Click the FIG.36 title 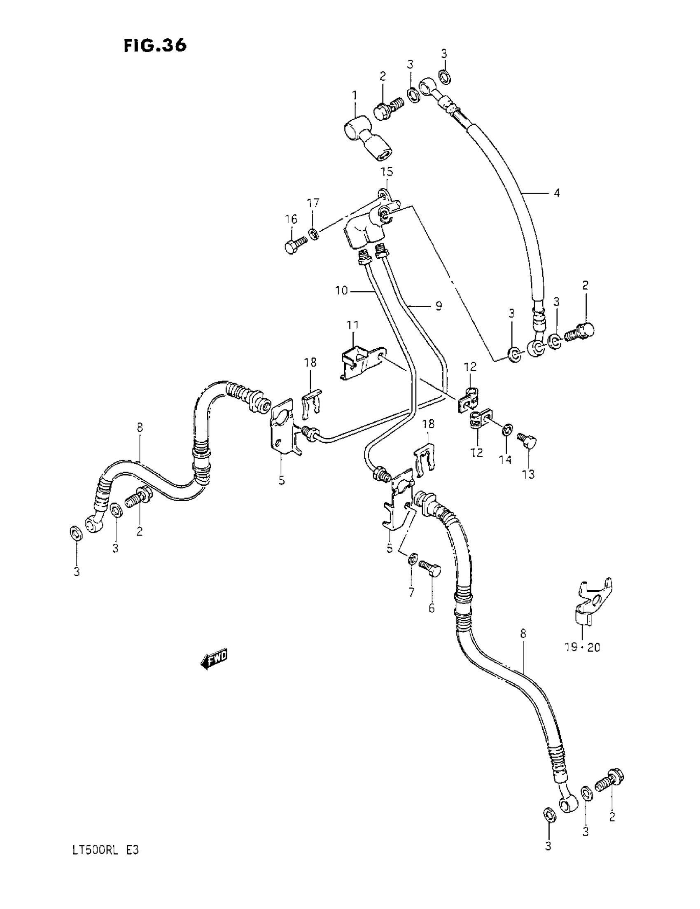pyautogui.click(x=155, y=45)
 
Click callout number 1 pyautogui.click(x=355, y=96)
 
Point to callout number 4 pyautogui.click(x=556, y=193)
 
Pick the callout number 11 pyautogui.click(x=352, y=325)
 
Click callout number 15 pyautogui.click(x=387, y=172)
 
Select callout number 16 pyautogui.click(x=291, y=219)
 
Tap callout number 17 pyautogui.click(x=313, y=203)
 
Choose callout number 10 pyautogui.click(x=341, y=290)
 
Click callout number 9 pyautogui.click(x=438, y=306)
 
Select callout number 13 pyautogui.click(x=529, y=474)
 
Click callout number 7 pyautogui.click(x=412, y=592)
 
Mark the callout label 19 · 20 pyautogui.click(x=582, y=647)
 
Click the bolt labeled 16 pyautogui.click(x=295, y=244)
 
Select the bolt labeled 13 pyautogui.click(x=528, y=440)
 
